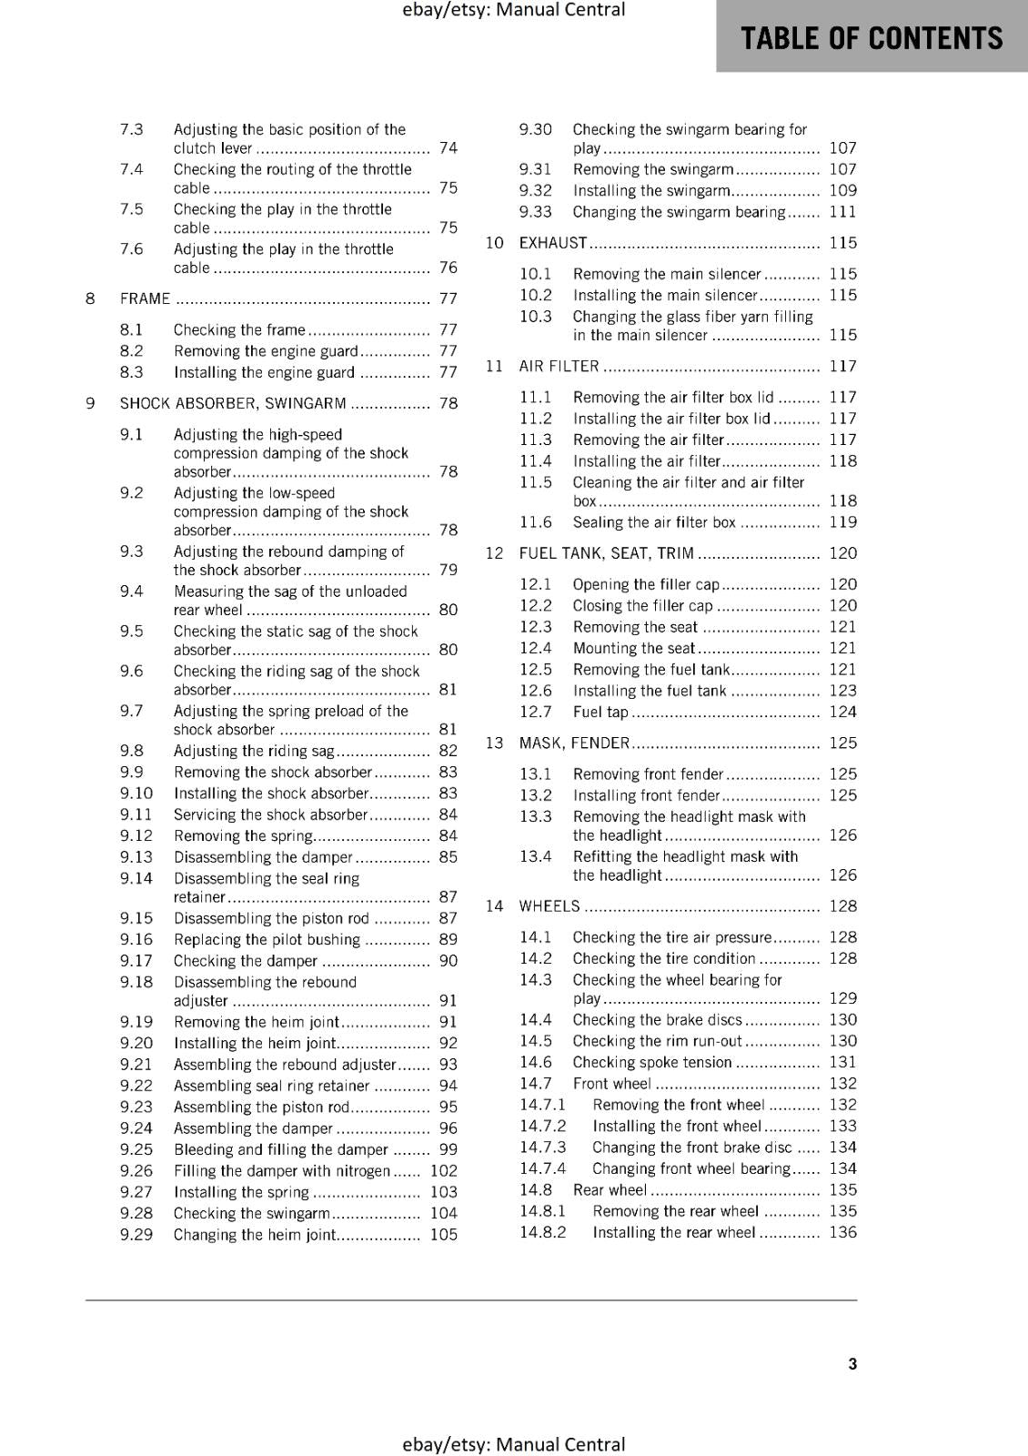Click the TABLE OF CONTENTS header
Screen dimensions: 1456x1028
pos(871,38)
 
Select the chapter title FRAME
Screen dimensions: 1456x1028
pos(145,298)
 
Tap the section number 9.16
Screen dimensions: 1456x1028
pos(136,939)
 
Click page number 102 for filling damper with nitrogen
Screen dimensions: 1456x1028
pos(444,1171)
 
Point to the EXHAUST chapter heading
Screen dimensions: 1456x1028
pos(553,243)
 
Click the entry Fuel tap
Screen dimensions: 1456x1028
pos(600,713)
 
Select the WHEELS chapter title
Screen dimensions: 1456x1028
pos(549,906)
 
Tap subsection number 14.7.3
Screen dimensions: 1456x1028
pos(542,1148)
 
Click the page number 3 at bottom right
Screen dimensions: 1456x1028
pos(852,1364)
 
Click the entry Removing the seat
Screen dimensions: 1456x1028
pos(635,627)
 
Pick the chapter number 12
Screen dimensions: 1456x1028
pos(494,553)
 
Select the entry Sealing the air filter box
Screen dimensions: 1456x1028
pos(654,522)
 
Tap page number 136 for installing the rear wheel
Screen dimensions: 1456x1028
pos(842,1232)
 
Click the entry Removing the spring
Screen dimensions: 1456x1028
pos(244,835)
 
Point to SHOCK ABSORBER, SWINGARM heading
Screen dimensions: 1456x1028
pos(233,403)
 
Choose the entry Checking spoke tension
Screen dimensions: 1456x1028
pos(652,1062)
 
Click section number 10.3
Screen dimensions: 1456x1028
pos(536,317)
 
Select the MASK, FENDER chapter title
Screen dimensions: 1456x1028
pos(574,743)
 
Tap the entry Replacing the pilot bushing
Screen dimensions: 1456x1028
pos(267,939)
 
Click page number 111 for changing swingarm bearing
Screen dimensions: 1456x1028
pos(842,212)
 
